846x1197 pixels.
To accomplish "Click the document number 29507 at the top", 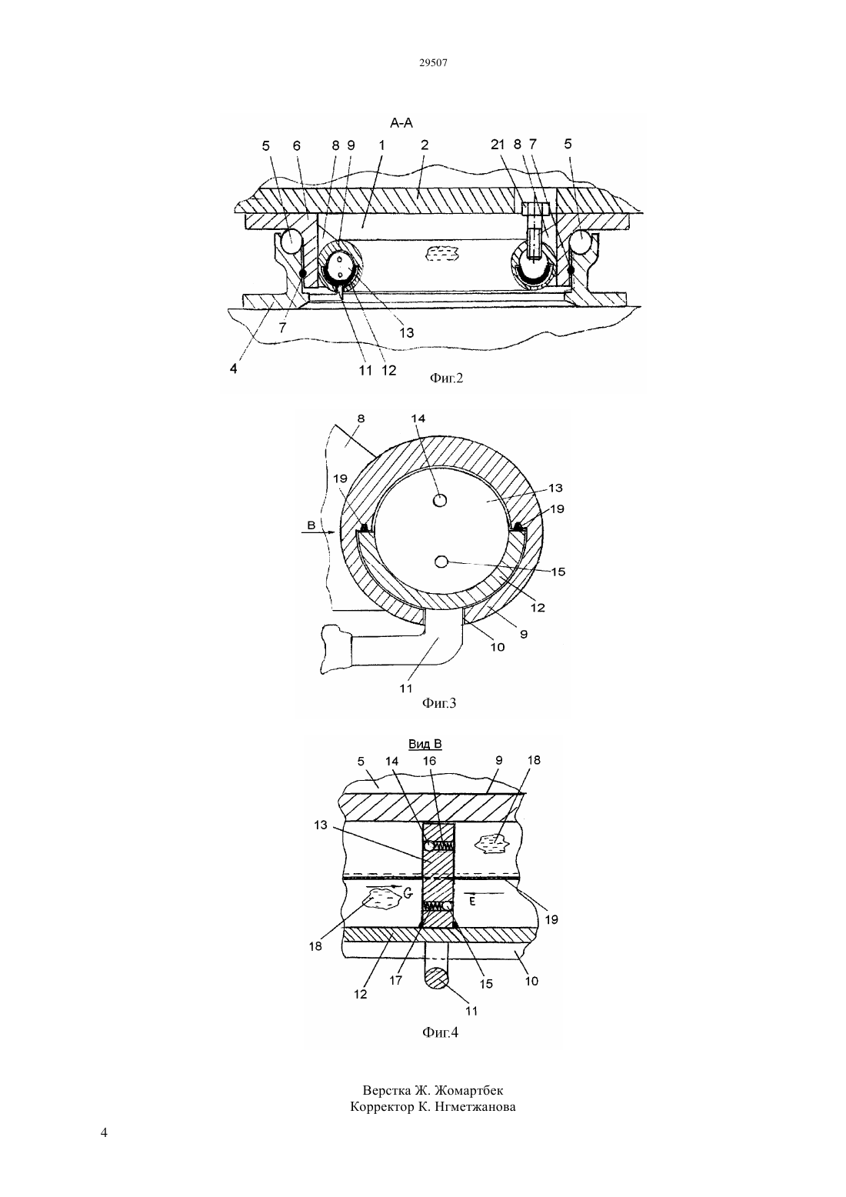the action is pos(433,62).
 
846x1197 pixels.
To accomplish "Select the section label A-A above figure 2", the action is pos(401,123).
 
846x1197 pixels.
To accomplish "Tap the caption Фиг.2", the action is pos(447,378).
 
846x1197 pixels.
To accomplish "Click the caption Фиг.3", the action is pos(439,703).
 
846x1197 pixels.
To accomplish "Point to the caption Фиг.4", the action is pos(440,1032).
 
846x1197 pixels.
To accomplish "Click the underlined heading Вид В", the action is pos(425,744).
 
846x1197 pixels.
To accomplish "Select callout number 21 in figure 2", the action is pos(498,145).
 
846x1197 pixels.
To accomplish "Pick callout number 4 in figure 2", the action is pos(233,368).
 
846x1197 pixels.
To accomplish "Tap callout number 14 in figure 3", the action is pos(418,418).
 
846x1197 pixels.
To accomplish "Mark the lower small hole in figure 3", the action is pos(441,562).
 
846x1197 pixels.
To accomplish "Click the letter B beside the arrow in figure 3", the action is pos(311,525).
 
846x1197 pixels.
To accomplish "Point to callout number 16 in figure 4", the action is pos(429,761).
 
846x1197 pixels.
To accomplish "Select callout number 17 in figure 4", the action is pos(396,981).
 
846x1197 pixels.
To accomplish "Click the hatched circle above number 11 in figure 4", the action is pos(436,979).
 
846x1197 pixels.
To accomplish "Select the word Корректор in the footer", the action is pos(380,1107).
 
